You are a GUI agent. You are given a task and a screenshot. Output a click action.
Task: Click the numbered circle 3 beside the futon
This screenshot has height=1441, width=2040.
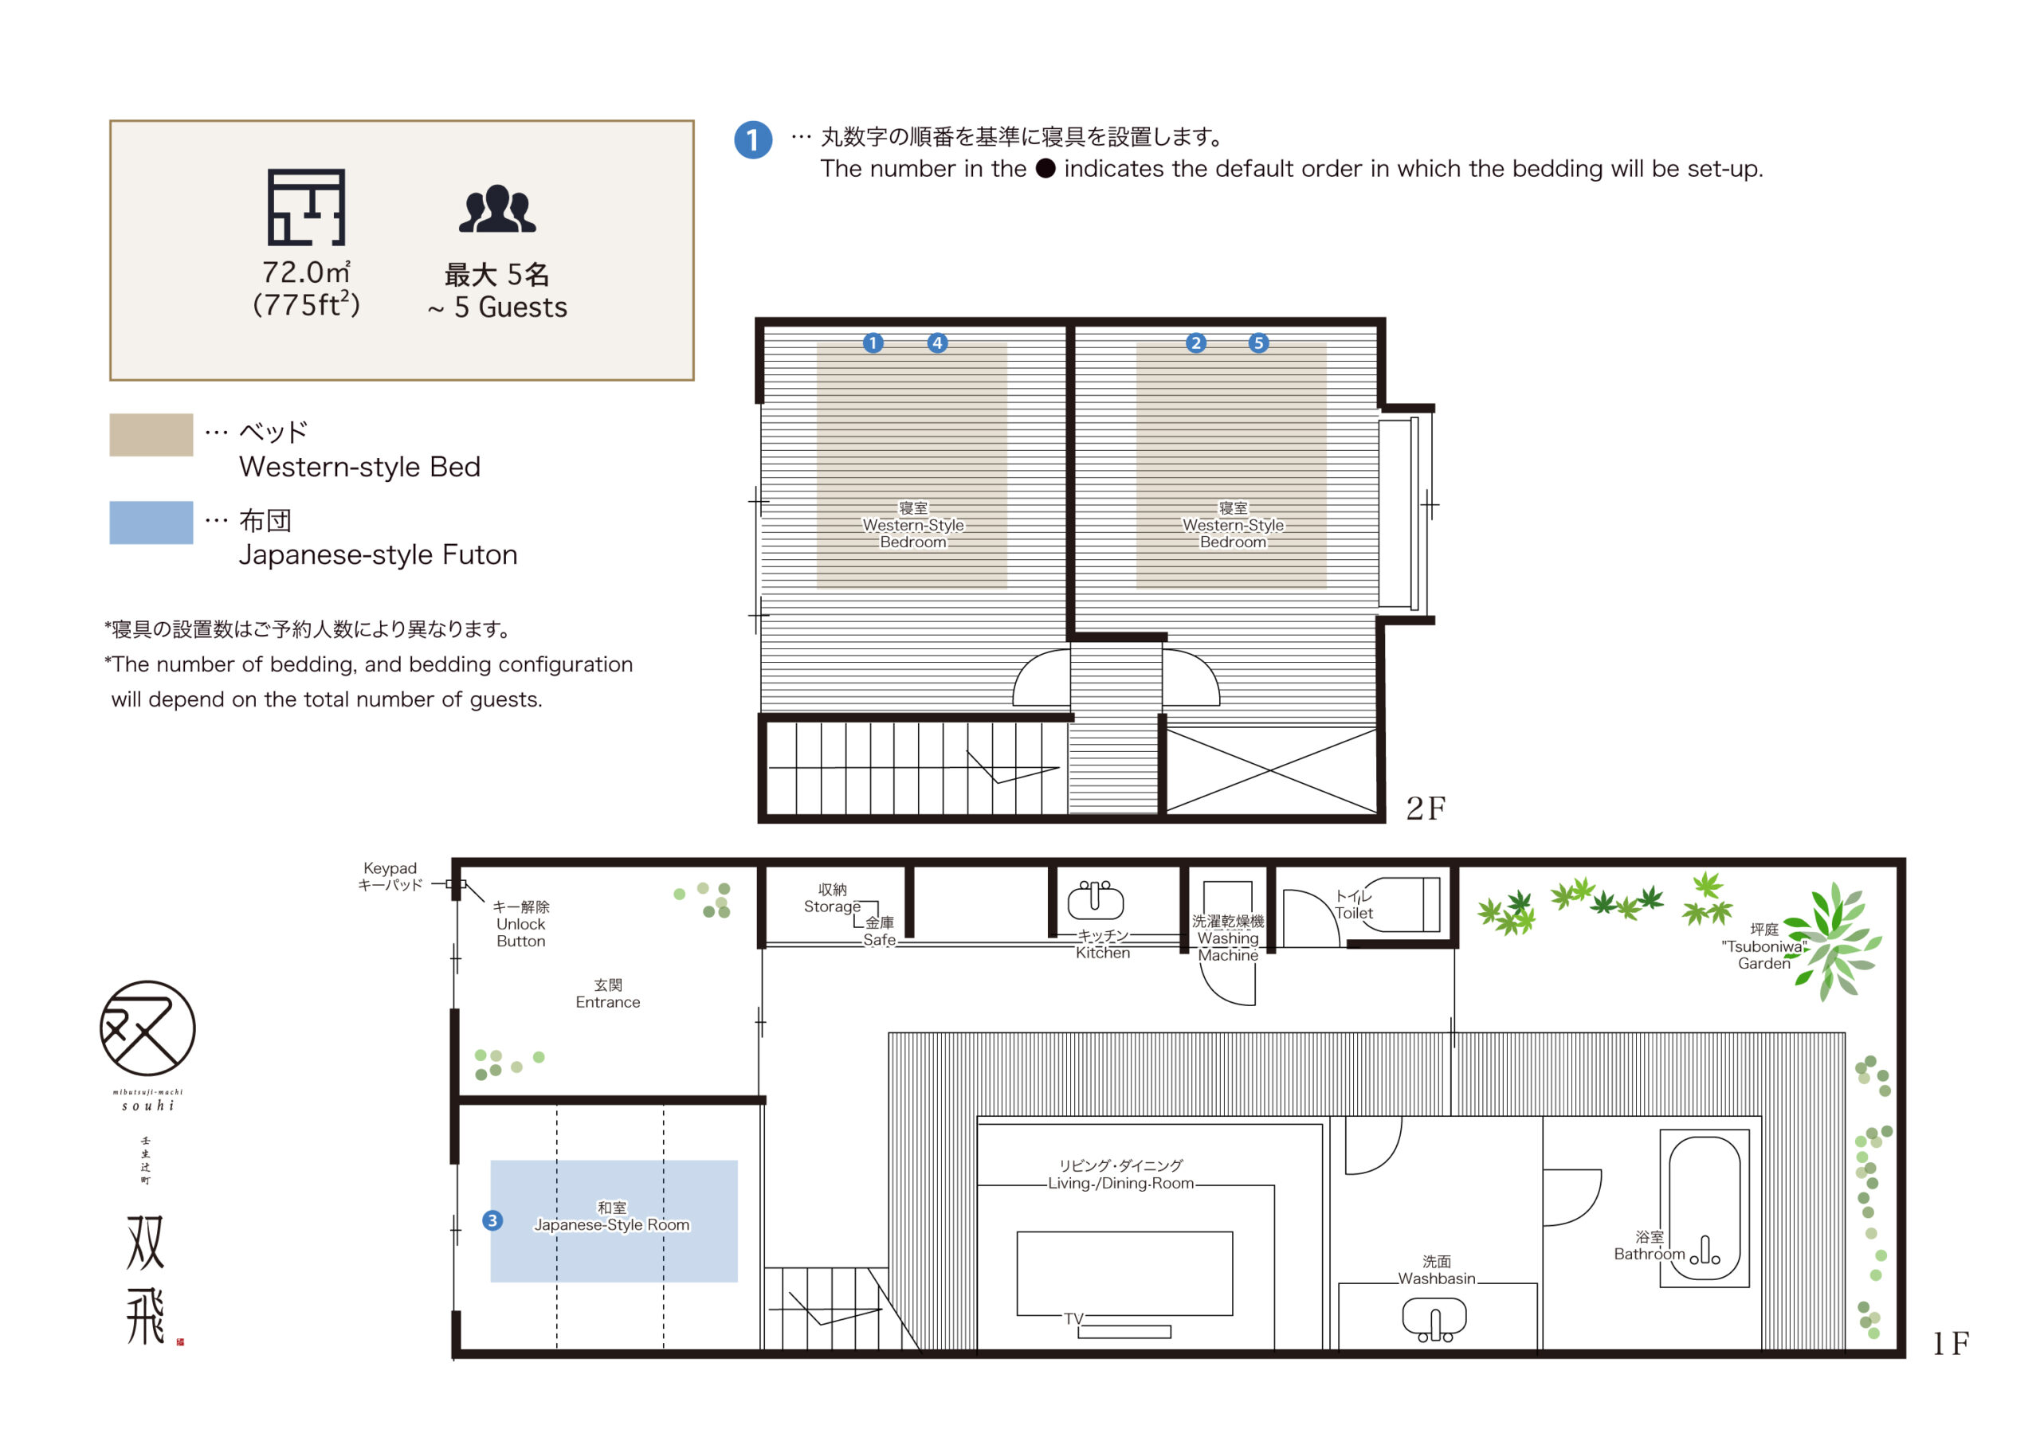pyautogui.click(x=492, y=1220)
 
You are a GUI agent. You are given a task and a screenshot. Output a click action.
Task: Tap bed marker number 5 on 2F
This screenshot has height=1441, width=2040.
pyautogui.click(x=1258, y=343)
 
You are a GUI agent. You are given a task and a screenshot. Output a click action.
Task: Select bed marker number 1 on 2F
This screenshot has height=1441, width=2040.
pyautogui.click(x=873, y=343)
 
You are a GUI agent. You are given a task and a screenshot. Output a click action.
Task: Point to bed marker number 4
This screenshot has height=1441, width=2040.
pyautogui.click(x=937, y=343)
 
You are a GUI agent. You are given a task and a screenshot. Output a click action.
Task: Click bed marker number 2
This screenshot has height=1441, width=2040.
pyautogui.click(x=1196, y=343)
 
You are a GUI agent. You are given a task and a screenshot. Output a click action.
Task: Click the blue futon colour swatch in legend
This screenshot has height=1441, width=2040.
pyautogui.click(x=151, y=523)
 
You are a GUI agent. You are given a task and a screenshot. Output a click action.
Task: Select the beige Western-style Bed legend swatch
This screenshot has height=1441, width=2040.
pyautogui.click(x=151, y=434)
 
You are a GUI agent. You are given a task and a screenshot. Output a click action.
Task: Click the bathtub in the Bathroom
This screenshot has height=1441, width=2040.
pyautogui.click(x=1705, y=1208)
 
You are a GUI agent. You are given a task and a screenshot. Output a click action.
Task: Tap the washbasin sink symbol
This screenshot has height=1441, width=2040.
pyautogui.click(x=1434, y=1319)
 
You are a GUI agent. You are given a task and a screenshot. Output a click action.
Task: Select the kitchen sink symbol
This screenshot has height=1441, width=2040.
pyautogui.click(x=1095, y=899)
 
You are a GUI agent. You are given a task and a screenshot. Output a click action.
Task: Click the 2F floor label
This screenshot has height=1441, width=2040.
pyautogui.click(x=1425, y=808)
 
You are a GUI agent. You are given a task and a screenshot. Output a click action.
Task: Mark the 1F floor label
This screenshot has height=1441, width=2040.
pyautogui.click(x=1952, y=1343)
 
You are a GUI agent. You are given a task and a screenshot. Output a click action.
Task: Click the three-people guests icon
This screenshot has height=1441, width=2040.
pyautogui.click(x=497, y=209)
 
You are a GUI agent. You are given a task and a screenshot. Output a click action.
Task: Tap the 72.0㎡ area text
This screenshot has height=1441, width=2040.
pyautogui.click(x=307, y=272)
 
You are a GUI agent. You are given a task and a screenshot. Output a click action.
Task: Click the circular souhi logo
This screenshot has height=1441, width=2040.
pyautogui.click(x=147, y=1029)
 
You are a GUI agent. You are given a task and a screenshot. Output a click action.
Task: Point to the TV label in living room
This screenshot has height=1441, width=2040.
pyautogui.click(x=1073, y=1318)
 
